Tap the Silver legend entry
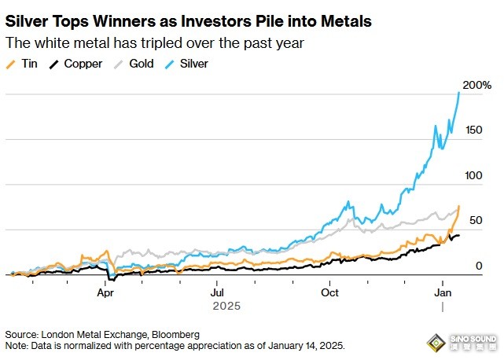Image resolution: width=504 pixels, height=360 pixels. pos(193,63)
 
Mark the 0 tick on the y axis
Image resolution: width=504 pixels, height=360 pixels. pos(478,266)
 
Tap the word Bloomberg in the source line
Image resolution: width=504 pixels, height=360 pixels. pos(173,334)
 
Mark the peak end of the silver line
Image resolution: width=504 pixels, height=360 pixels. pos(458,92)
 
